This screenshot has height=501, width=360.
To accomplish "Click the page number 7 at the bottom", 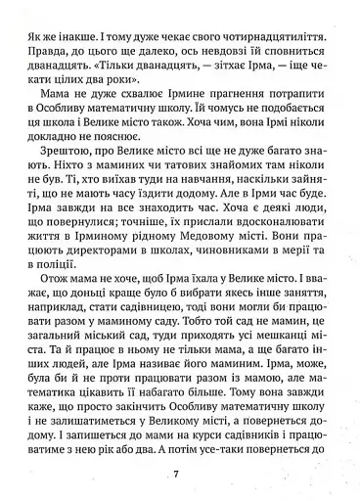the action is [x=176, y=476].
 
